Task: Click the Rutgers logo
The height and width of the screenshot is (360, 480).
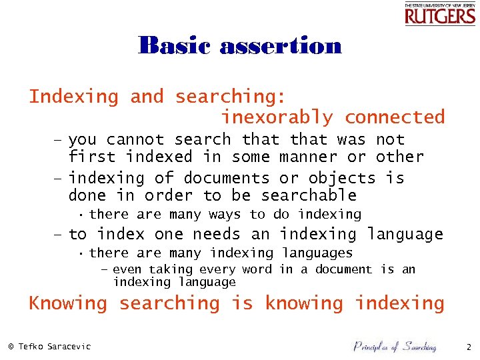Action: (x=440, y=14)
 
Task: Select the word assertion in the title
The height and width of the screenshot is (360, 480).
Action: (x=280, y=46)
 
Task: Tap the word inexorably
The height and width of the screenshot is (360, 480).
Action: (x=277, y=117)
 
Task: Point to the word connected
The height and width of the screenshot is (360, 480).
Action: (x=394, y=117)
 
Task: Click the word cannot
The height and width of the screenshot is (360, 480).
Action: (x=135, y=140)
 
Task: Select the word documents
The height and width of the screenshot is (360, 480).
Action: (x=226, y=179)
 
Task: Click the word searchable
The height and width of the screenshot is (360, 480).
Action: (x=309, y=196)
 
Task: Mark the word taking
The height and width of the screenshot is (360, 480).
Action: (x=170, y=270)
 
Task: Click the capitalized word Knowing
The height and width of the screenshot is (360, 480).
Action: (x=67, y=304)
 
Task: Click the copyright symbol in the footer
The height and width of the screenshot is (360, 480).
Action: (x=11, y=346)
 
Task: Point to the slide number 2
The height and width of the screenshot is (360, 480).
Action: (x=468, y=347)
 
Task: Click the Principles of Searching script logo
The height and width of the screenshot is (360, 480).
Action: (x=394, y=346)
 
